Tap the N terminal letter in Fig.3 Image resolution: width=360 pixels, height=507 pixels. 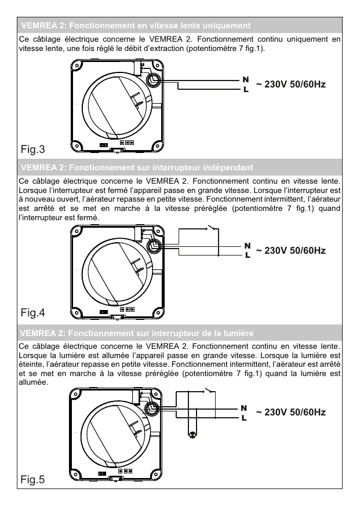pos(245,79)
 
